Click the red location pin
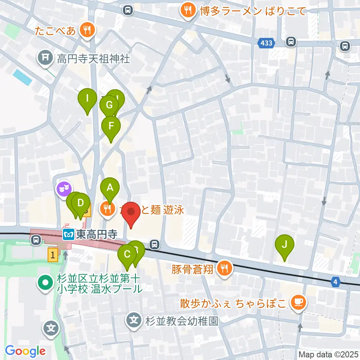[x=131, y=213]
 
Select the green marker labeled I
[x=87, y=99]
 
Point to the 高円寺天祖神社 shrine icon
[x=45, y=58]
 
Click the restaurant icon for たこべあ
[x=87, y=30]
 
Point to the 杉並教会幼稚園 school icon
[x=134, y=321]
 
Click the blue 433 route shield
[x=266, y=43]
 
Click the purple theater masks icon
[x=63, y=188]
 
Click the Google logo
[x=25, y=351]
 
